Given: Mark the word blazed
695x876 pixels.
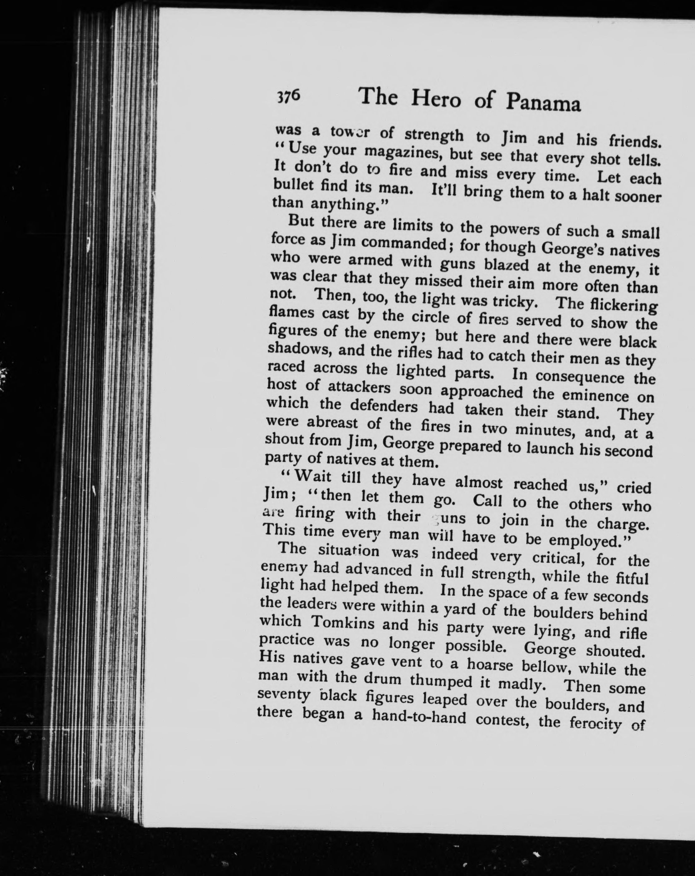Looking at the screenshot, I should (x=507, y=266).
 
